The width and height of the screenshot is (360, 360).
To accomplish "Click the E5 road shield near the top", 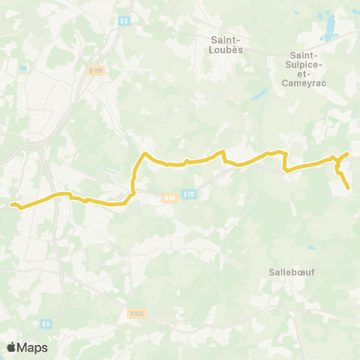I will click(x=124, y=20).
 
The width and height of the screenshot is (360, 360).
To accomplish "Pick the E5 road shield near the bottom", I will click(x=46, y=323).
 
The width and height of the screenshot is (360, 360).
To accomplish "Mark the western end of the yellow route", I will click(x=12, y=204).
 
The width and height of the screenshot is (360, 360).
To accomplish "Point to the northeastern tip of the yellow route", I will click(x=348, y=153).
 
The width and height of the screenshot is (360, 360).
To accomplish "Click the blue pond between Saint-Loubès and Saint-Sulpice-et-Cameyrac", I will click(x=260, y=96).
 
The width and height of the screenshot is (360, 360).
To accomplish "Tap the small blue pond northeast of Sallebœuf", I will click(x=310, y=248).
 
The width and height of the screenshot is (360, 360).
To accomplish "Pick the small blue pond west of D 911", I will click(x=24, y=69).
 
